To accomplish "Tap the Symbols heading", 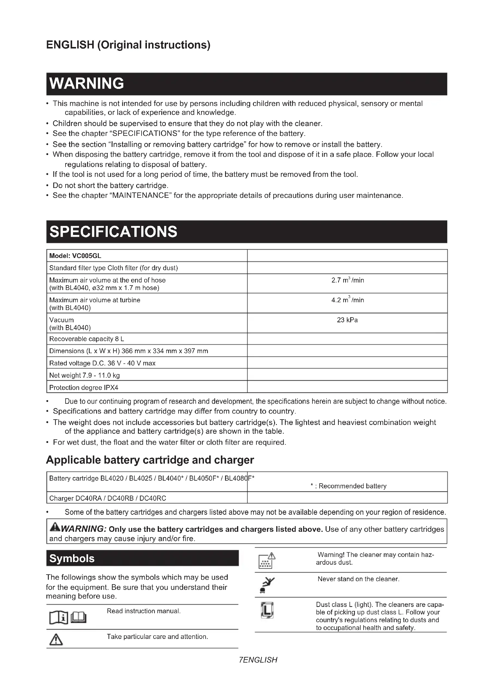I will coord(72,558).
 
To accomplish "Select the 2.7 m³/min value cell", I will coord(347,280).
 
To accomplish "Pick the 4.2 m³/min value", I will coord(347,300).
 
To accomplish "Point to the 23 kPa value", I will coord(347,320).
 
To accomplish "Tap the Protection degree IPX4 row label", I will coord(84,388).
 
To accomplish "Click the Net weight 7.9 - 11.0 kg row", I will coord(84,375).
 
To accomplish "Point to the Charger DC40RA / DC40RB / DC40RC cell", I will coord(108,498).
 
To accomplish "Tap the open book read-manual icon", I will coord(68,618).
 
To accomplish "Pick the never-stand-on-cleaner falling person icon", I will coord(266,585).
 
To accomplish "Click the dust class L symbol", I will coord(267,610).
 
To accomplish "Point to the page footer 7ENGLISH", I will coord(258,660).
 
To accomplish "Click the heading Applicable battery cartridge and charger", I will coord(150,460).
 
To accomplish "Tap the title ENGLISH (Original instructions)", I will coord(128,45).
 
